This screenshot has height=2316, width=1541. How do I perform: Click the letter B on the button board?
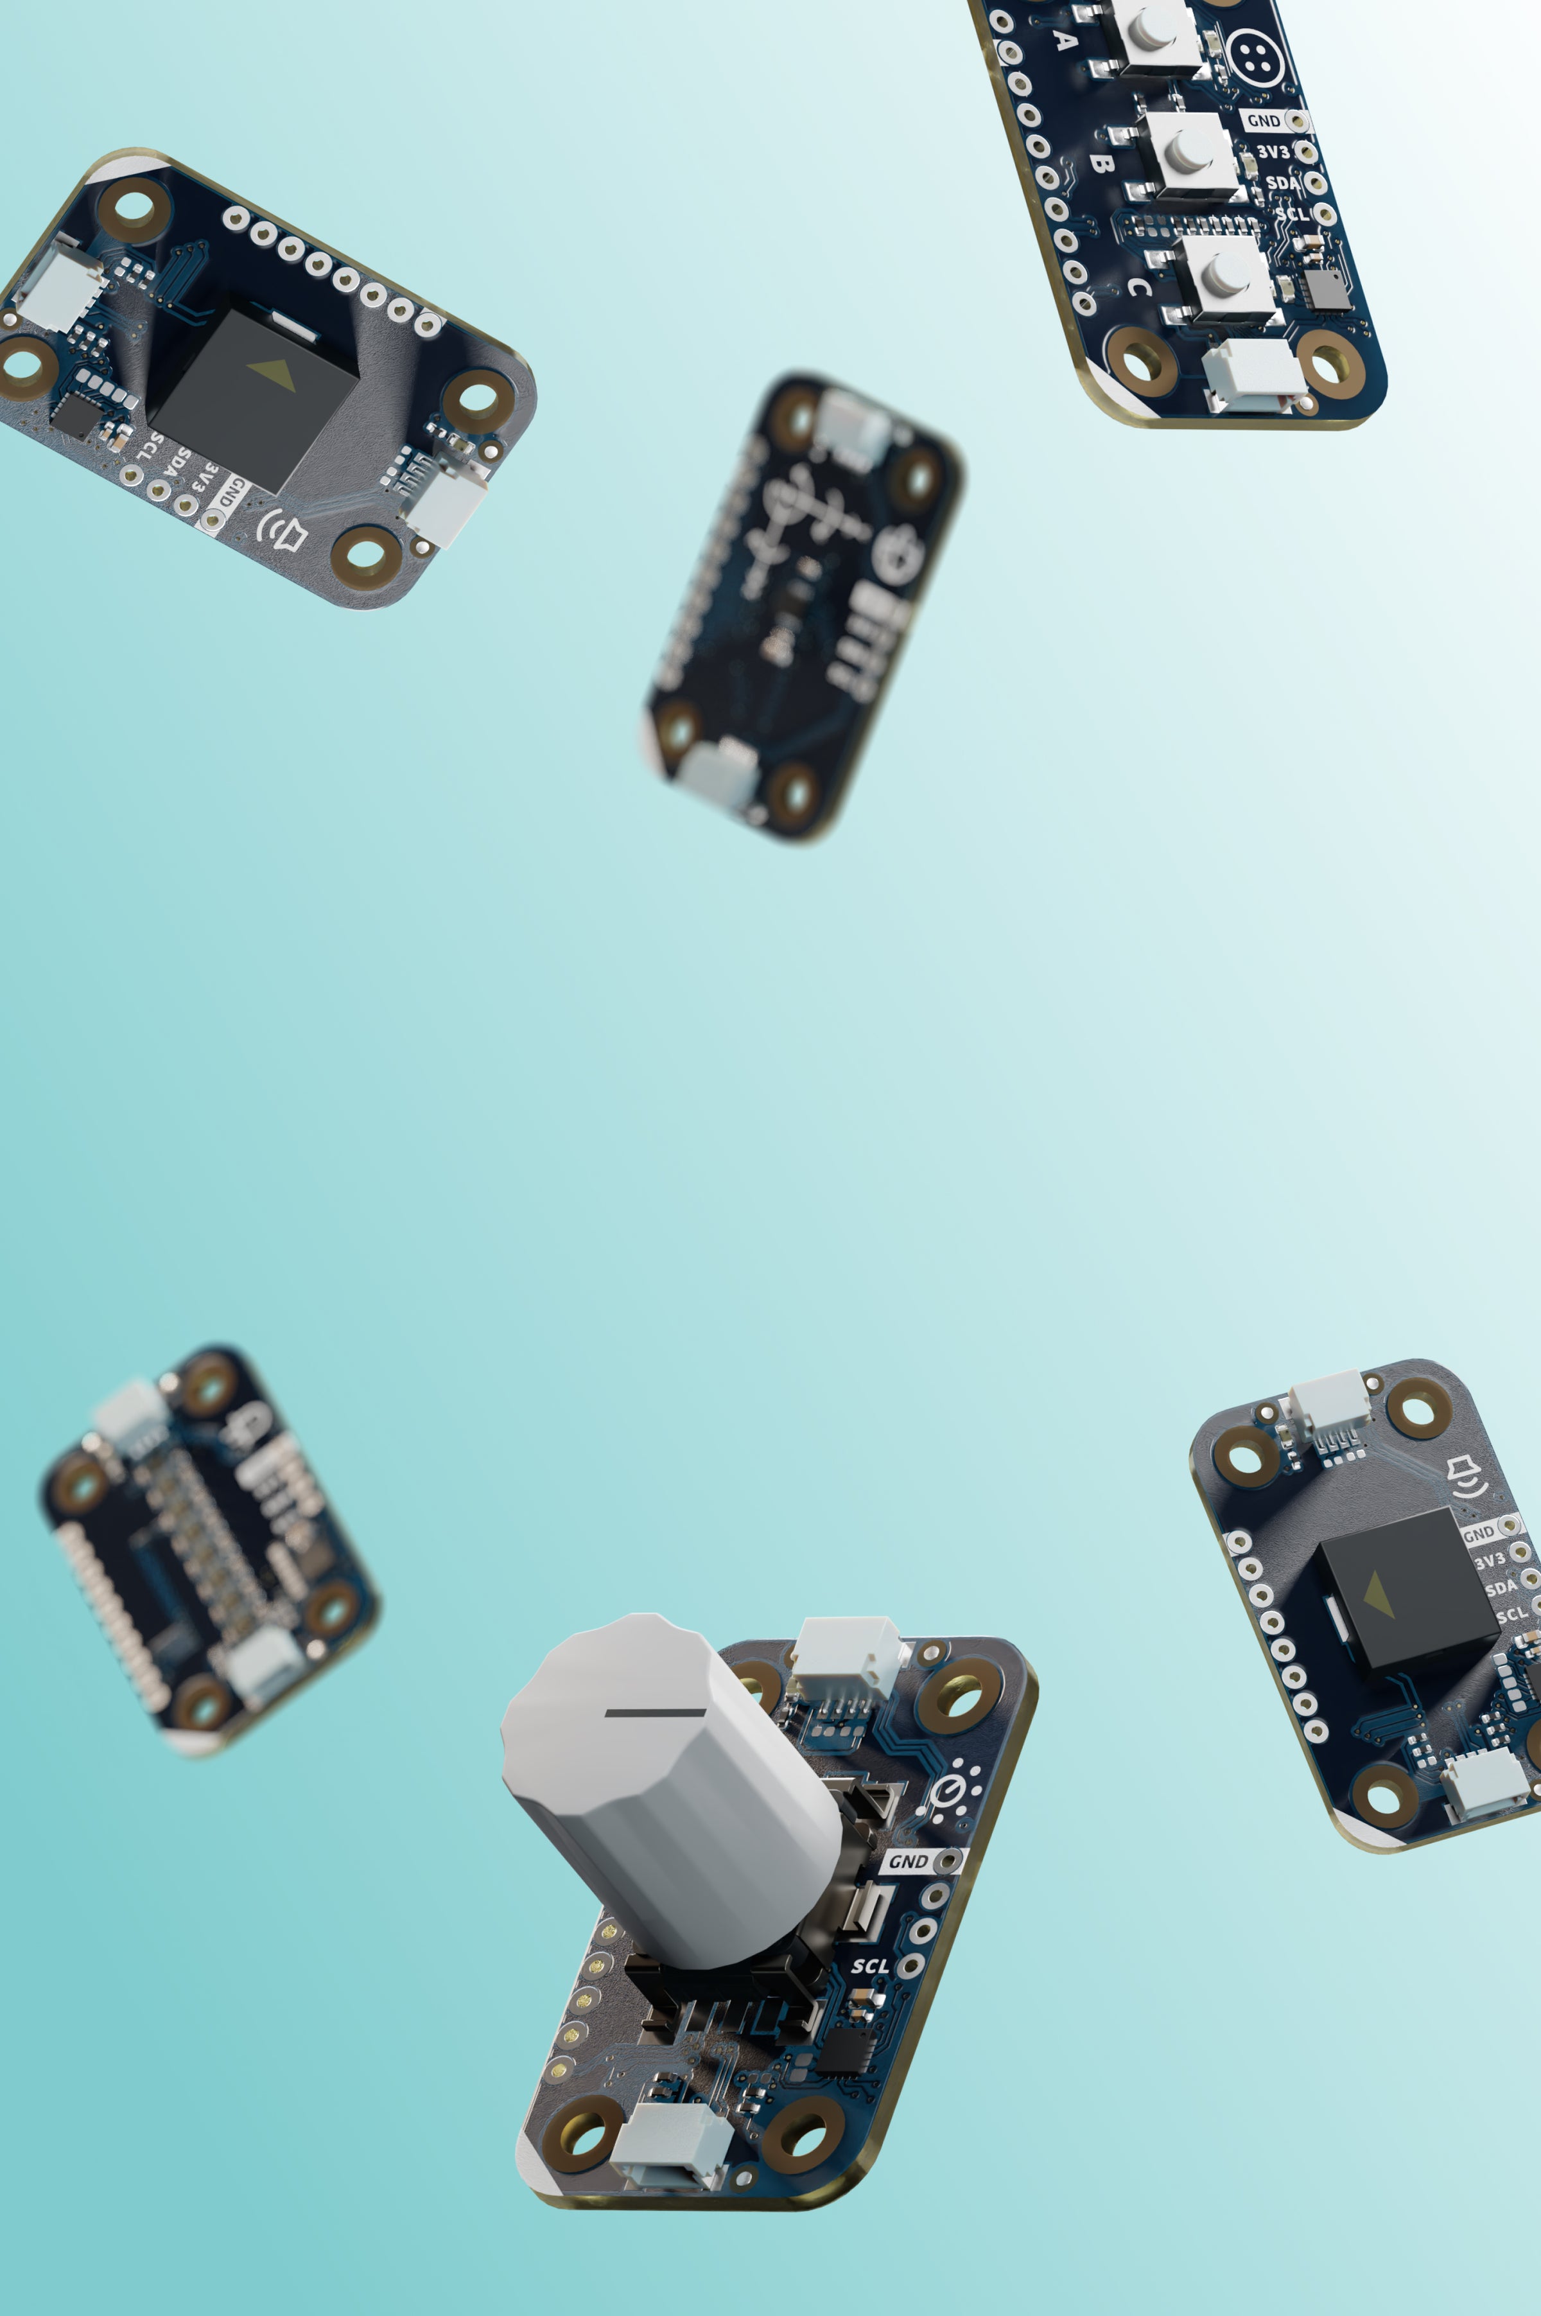[1101, 163]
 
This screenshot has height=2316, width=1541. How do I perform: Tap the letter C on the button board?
[1137, 287]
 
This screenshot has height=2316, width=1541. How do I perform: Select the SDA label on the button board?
[1280, 184]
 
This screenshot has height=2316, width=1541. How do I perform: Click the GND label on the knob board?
[908, 1861]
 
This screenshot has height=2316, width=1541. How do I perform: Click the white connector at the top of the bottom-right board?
[1328, 1404]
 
